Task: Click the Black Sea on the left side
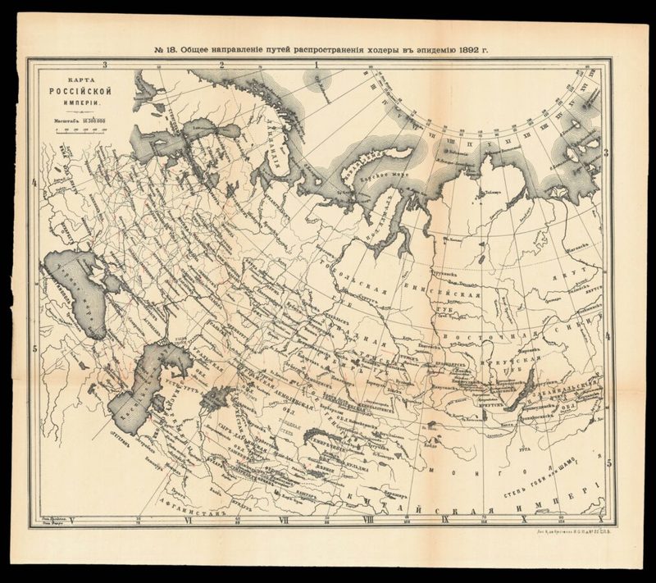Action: coord(74,291)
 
